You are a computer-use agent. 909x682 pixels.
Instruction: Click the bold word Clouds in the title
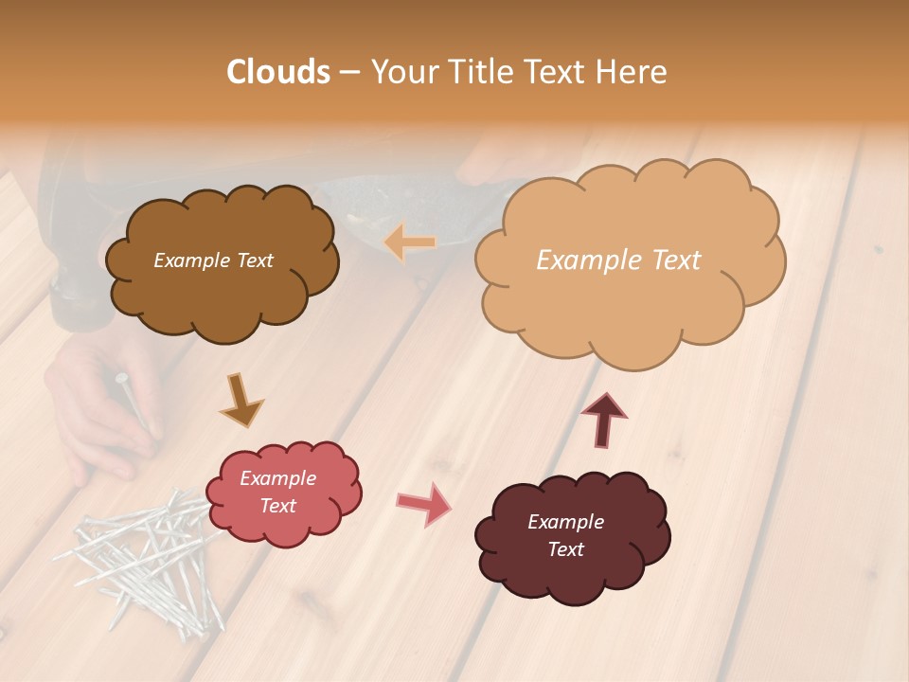pyautogui.click(x=278, y=71)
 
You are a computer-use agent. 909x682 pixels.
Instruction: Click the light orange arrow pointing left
pyautogui.click(x=410, y=242)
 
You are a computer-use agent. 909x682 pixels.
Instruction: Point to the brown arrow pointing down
pyautogui.click(x=241, y=400)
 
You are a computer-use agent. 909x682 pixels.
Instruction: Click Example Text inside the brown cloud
pyautogui.click(x=213, y=260)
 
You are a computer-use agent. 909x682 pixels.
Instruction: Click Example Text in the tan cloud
pyautogui.click(x=618, y=260)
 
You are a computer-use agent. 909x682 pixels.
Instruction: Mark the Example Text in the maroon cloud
pyautogui.click(x=565, y=535)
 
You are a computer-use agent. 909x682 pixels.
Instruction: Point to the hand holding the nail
pyautogui.click(x=99, y=407)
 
